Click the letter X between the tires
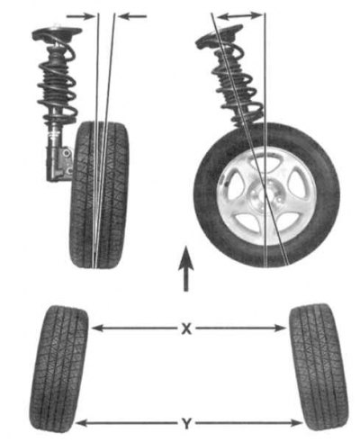[x=186, y=329]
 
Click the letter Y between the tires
[x=186, y=424]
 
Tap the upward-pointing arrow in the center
[x=186, y=268]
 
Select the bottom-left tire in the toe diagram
[x=58, y=368]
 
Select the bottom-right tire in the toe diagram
[x=319, y=366]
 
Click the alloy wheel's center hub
[x=262, y=196]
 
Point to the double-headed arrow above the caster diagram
[x=239, y=16]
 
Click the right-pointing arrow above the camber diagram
[x=80, y=16]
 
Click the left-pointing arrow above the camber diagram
[x=132, y=16]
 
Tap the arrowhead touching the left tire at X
[x=96, y=329]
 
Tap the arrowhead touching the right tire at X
[x=280, y=329]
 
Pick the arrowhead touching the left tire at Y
[x=81, y=424]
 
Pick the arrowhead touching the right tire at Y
[x=296, y=423]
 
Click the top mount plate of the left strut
[x=57, y=32]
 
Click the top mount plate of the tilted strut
[x=219, y=35]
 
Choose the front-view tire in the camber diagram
[x=100, y=194]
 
